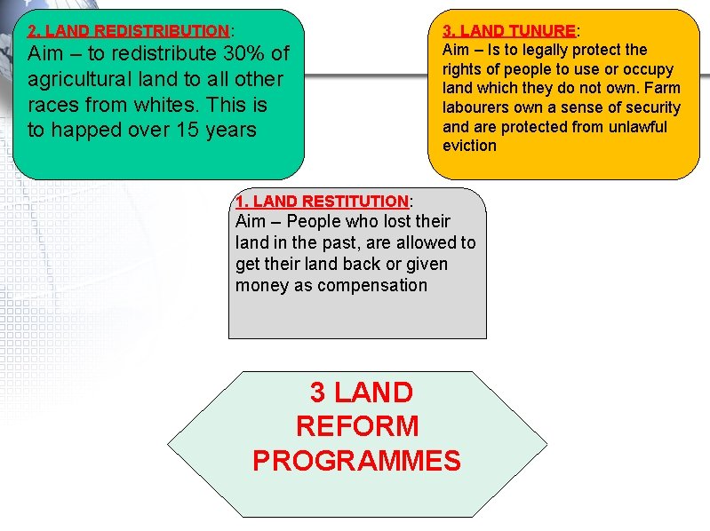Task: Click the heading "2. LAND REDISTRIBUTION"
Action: click(x=129, y=31)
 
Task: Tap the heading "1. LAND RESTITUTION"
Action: click(x=322, y=202)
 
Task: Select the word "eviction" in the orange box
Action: click(x=469, y=146)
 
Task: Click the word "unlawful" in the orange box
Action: click(x=636, y=126)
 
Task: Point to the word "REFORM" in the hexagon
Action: click(x=357, y=426)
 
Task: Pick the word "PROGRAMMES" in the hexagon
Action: click(x=357, y=461)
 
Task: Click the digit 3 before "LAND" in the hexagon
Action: click(x=317, y=392)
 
